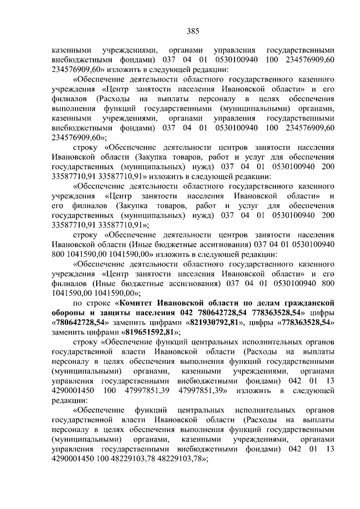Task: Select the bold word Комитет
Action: point(125,302)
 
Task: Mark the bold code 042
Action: point(187,312)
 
